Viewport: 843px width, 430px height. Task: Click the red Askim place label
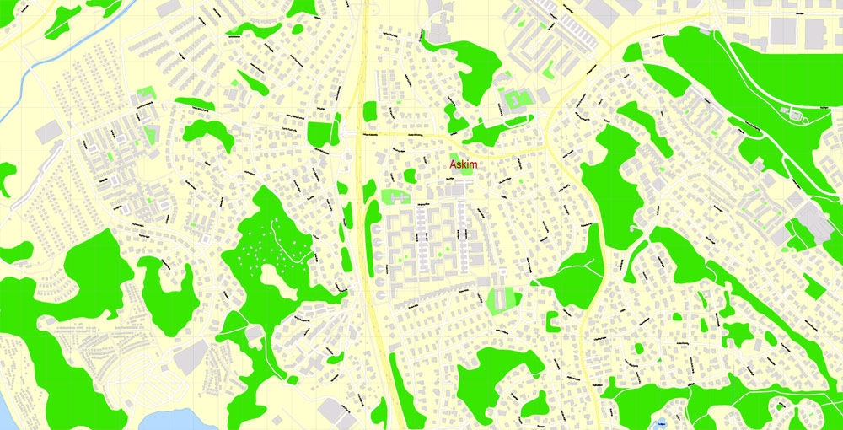[x=463, y=164]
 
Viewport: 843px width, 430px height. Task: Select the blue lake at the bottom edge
[x=173, y=419]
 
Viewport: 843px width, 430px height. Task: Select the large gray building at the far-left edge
[x=48, y=131]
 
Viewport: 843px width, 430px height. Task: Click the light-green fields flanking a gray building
[x=502, y=298]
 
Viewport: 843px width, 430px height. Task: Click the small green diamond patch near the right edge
[x=813, y=286]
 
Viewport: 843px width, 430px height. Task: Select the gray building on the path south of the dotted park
[x=254, y=334]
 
